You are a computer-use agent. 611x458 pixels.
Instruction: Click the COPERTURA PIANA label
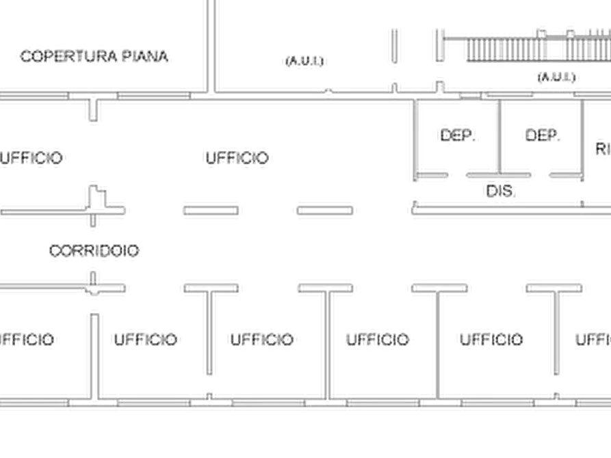coord(95,57)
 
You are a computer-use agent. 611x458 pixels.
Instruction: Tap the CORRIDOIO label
coord(95,252)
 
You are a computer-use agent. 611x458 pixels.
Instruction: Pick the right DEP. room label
coord(541,135)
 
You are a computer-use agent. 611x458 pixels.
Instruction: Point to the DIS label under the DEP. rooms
coord(499,191)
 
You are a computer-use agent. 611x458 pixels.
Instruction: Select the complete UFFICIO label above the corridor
coord(237,159)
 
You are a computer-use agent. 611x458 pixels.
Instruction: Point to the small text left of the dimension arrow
coord(302,62)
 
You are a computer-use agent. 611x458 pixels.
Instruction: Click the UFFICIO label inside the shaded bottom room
coord(145,338)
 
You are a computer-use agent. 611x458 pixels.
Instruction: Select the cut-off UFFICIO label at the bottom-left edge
coord(29,338)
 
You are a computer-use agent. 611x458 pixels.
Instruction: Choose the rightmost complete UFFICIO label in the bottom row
coord(489,338)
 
